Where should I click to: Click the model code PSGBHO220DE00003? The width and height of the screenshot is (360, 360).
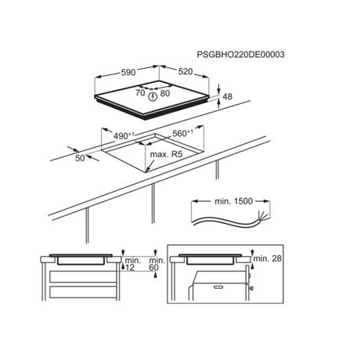240,55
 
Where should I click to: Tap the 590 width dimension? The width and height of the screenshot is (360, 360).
128,73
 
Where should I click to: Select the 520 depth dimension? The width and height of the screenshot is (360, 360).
185,71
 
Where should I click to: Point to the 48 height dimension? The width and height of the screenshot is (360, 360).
228,96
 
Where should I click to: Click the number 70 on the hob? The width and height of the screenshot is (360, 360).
140,92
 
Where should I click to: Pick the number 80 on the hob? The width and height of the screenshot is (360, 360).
165,93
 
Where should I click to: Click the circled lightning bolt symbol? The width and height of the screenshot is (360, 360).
152,97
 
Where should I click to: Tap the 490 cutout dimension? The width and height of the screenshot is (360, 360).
124,135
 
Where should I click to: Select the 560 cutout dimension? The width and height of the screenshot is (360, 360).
183,133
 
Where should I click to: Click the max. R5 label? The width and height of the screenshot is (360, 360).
166,154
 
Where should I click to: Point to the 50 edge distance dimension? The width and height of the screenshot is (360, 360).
80,158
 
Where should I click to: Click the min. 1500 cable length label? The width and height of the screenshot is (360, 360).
233,201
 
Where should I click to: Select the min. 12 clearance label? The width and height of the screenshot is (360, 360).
133,264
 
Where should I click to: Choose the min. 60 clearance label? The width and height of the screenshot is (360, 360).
157,264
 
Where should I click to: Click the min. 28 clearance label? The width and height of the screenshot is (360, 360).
268,258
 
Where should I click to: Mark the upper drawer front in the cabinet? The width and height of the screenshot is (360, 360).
83,276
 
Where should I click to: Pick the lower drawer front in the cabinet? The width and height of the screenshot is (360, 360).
83,292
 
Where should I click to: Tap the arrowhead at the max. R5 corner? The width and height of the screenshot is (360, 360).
147,170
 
